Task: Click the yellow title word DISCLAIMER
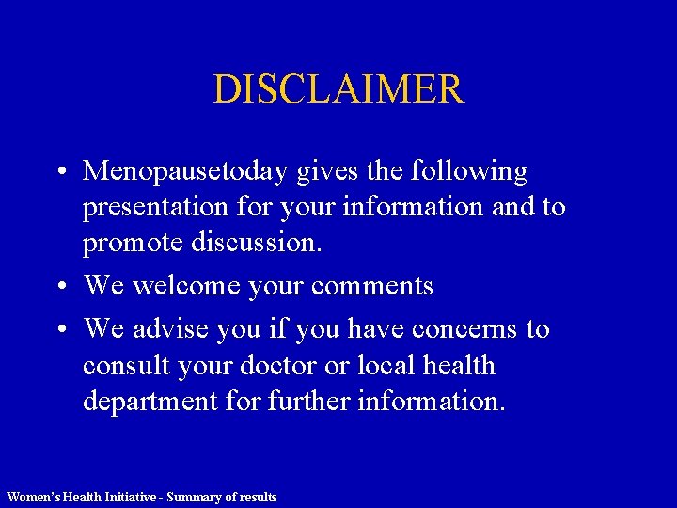338,89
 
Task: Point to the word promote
133,244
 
